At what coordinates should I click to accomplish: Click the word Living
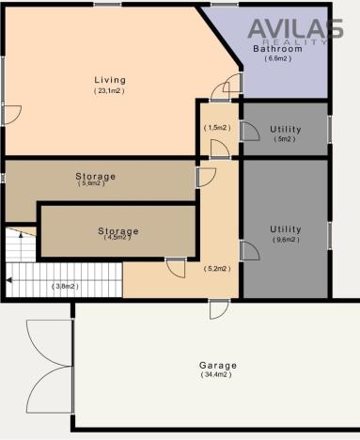pos(109,80)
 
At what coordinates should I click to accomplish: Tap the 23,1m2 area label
pos(109,91)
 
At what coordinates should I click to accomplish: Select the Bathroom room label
pos(277,48)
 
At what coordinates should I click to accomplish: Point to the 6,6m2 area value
pos(278,59)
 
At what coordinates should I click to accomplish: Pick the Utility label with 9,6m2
pos(285,228)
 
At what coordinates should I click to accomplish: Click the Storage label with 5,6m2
pos(95,176)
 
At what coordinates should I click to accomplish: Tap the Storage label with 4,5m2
pos(118,230)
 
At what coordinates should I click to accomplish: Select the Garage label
pos(218,365)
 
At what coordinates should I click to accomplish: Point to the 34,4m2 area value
pos(218,375)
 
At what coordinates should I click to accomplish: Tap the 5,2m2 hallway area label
pos(217,269)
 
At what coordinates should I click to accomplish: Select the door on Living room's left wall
pos(10,115)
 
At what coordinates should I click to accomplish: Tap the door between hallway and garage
pos(217,308)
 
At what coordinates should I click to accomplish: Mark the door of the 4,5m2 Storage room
pos(175,267)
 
